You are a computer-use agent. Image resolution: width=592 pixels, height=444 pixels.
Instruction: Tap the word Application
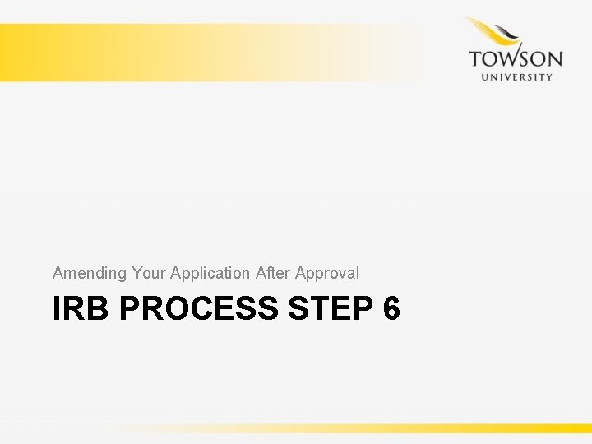(x=210, y=273)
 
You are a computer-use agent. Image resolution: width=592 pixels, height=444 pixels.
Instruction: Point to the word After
(x=273, y=272)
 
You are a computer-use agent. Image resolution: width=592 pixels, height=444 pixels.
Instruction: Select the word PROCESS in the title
(x=199, y=309)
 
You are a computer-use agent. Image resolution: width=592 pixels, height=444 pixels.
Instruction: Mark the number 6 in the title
(x=391, y=309)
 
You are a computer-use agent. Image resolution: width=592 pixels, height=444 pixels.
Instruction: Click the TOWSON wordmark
(x=516, y=59)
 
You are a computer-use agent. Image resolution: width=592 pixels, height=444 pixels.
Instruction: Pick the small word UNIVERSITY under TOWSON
(x=516, y=77)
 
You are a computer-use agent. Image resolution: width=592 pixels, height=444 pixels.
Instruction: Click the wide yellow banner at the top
(x=206, y=52)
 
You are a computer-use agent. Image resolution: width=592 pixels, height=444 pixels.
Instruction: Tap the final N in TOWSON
(x=554, y=59)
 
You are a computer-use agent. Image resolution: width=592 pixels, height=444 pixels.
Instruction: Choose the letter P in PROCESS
(x=129, y=309)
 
